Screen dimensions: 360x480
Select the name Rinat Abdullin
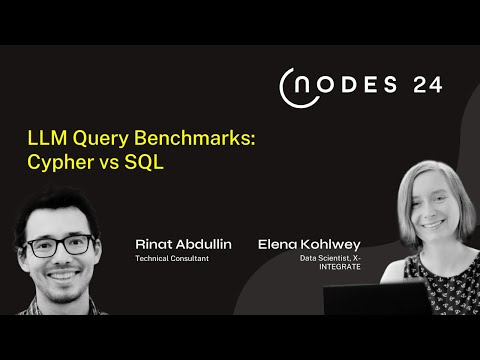177,243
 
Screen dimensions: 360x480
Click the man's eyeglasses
64,243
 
